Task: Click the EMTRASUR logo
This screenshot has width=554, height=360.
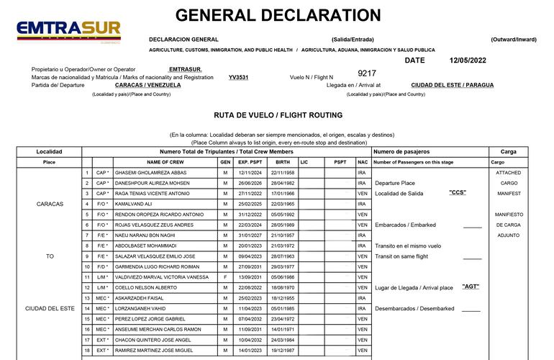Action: [69, 31]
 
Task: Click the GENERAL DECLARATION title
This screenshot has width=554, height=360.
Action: [278, 15]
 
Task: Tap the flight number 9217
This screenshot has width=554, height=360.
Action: [367, 73]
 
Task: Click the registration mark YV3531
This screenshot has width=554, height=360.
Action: [239, 77]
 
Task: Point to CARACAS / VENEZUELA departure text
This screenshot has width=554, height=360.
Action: [148, 85]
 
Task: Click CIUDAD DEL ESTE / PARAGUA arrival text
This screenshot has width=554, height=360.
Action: [453, 85]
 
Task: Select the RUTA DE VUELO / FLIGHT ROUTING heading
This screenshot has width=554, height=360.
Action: [278, 115]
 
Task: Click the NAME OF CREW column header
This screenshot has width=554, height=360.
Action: [166, 162]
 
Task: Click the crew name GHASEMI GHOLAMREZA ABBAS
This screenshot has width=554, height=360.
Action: [151, 173]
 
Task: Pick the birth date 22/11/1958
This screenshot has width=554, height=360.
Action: [283, 173]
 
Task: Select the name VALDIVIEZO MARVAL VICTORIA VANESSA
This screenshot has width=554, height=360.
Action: [161, 277]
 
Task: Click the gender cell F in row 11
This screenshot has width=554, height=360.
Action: [225, 277]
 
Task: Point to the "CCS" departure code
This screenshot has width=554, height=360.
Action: [458, 193]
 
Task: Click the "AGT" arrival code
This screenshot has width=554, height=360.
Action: [471, 287]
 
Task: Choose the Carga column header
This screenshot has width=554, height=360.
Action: [508, 152]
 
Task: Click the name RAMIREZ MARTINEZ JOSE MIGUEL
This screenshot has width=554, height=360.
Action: [154, 351]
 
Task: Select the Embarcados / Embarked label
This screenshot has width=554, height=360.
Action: [405, 225]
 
